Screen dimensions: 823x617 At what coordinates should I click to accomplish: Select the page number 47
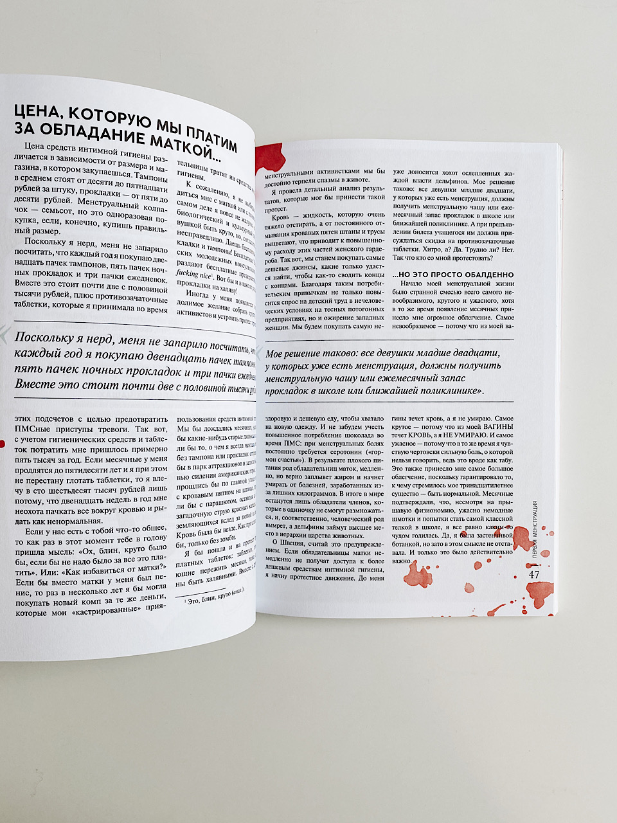coord(534,574)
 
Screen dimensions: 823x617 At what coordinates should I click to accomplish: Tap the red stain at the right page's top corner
coord(267,158)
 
